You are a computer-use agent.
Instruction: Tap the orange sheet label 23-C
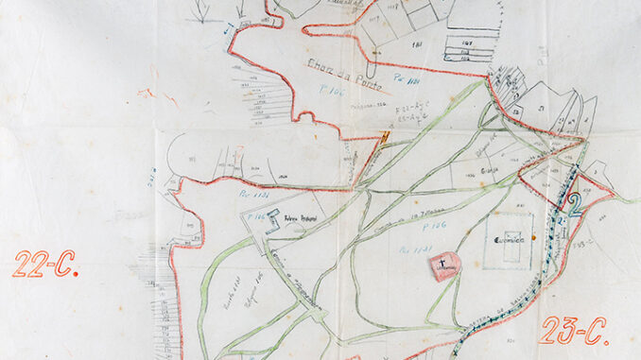(574, 331)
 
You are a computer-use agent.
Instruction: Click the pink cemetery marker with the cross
(445, 267)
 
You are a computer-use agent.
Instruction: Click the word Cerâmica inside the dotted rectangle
(509, 240)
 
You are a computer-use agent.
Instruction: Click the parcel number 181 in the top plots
(416, 44)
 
